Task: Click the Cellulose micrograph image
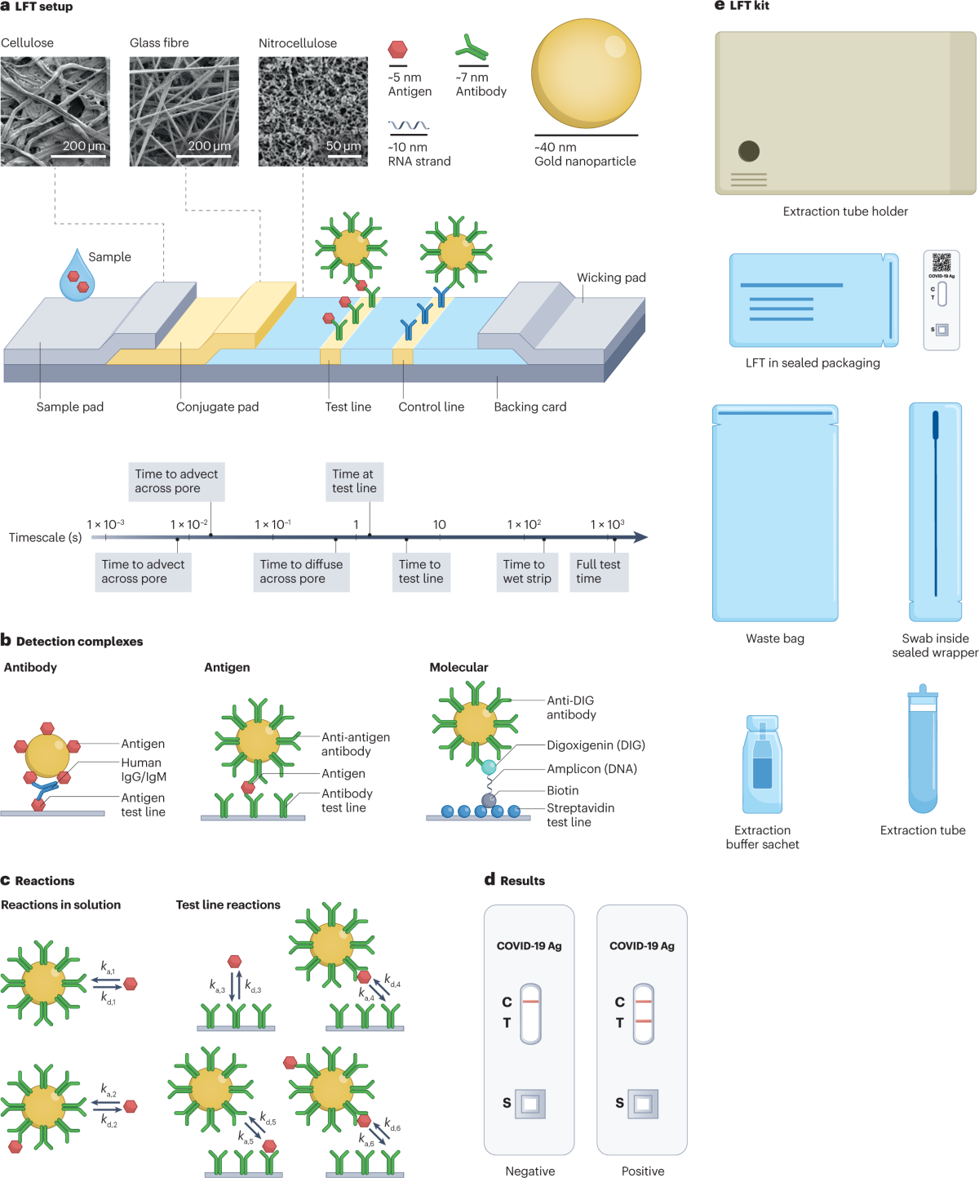55,111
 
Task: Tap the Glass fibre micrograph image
184,111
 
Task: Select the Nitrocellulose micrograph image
312,111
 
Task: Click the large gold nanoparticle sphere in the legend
586,73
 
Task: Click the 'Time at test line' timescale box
354,482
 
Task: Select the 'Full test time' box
598,571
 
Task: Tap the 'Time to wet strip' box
527,571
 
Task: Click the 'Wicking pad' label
611,278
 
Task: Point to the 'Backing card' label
529,407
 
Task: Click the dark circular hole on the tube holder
749,151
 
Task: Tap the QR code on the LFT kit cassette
941,262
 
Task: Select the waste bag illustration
775,513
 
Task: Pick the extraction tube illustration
923,751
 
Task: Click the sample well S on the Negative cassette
530,1104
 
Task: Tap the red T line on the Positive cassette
644,1021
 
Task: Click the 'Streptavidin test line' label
580,815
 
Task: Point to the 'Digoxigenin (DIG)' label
596,745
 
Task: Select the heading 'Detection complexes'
79,642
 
